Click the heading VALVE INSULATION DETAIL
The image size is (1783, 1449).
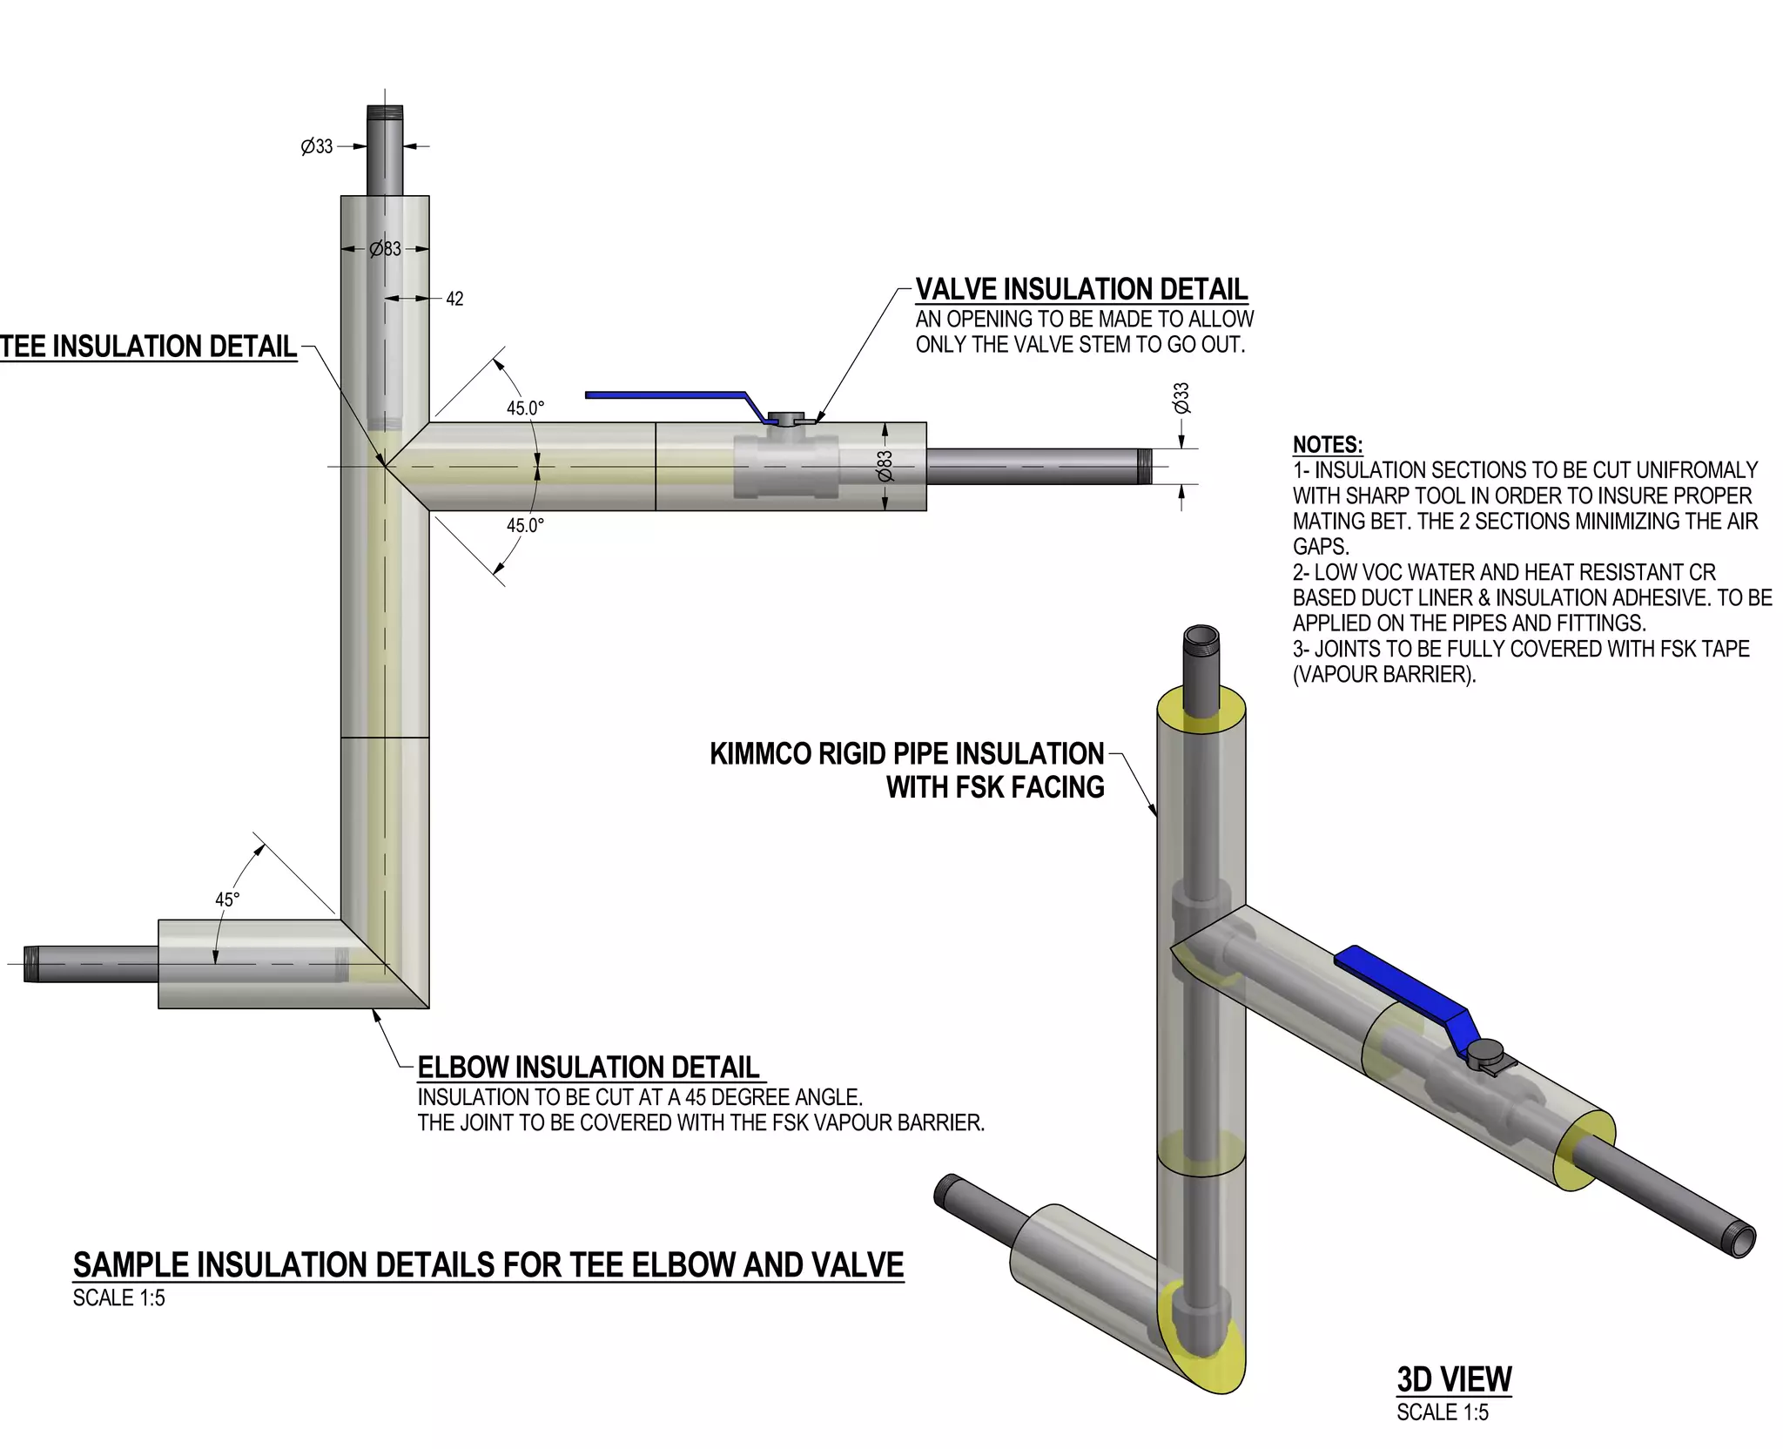tap(1081, 289)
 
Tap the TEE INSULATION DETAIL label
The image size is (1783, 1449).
tap(148, 347)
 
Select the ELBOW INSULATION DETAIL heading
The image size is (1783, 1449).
tap(589, 1068)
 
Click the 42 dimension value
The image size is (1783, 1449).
tap(454, 299)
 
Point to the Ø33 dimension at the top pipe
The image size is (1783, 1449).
tap(317, 146)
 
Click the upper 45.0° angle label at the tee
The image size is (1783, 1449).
tap(526, 408)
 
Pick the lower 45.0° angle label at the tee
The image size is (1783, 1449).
tap(526, 525)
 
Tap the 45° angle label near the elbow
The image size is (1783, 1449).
tap(227, 900)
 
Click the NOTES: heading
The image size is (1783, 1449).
tap(1328, 445)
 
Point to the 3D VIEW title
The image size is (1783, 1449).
tap(1454, 1379)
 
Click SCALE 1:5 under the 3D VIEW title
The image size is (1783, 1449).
tap(1443, 1412)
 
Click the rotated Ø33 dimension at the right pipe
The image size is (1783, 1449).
tap(1181, 398)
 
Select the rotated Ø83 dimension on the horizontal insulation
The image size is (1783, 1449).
tap(885, 466)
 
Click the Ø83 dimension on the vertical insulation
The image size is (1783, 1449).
tap(385, 249)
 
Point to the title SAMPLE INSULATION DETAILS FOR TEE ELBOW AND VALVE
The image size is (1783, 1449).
tap(488, 1265)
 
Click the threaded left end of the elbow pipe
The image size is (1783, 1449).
tap(32, 964)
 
